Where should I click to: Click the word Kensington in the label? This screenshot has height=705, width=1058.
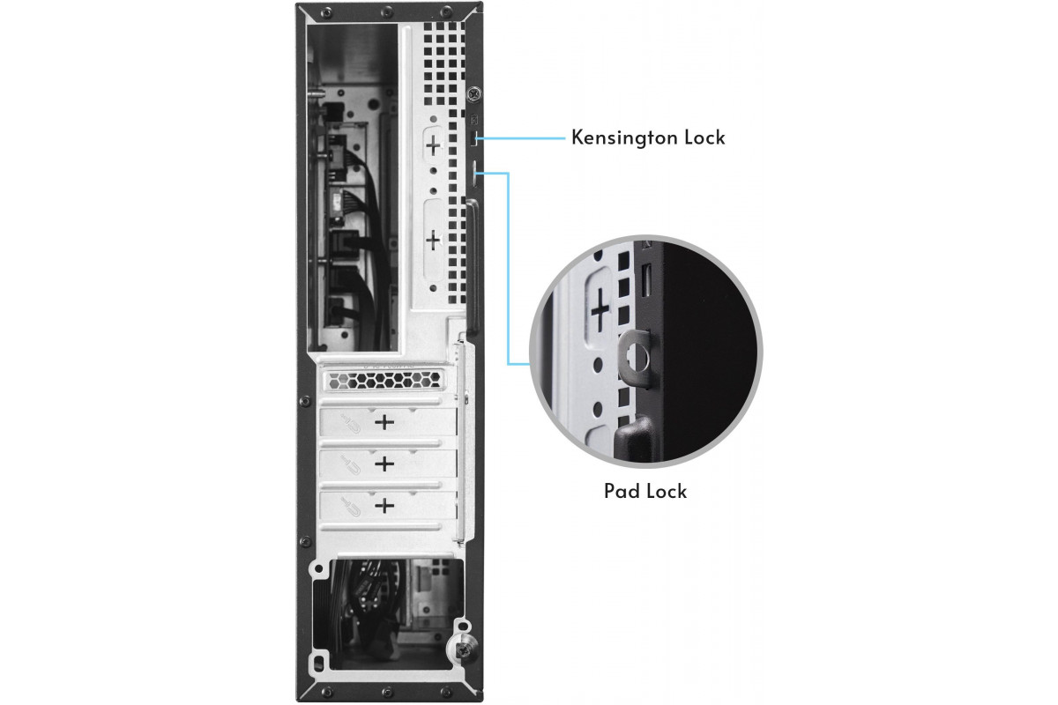coord(624,137)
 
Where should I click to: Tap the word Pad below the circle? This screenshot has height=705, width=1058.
coord(622,491)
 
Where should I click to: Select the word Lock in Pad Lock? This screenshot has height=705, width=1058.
coord(667,491)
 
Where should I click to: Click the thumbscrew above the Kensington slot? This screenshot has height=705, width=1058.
coord(473,94)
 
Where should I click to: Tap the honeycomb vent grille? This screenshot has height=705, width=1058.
coord(384,380)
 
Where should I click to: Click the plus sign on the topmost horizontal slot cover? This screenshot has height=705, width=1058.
coord(384,421)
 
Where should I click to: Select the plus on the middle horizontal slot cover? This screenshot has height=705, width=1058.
coord(384,464)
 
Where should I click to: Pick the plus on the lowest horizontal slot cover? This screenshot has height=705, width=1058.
coord(384,506)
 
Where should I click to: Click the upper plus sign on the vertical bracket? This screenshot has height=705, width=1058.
coord(433,145)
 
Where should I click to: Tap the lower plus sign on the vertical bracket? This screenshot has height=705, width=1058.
coord(433,241)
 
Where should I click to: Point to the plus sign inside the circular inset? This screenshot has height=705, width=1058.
coord(600,310)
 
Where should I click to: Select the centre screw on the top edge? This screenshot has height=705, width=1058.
coord(386,10)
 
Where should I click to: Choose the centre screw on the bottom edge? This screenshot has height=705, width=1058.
coord(386,693)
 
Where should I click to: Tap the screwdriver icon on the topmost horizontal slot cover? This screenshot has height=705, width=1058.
coord(351,423)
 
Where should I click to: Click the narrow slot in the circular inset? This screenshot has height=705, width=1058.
coord(646,279)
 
